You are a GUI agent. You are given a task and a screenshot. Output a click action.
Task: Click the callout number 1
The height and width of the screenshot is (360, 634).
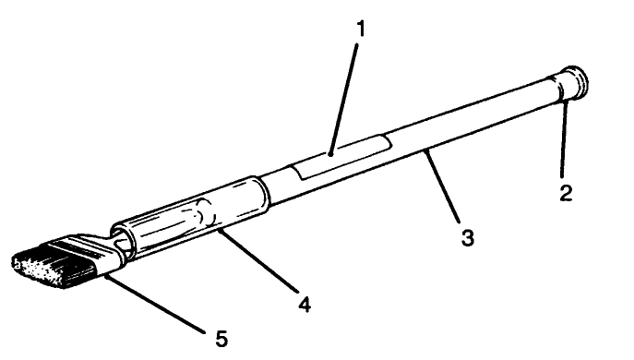[x=362, y=29]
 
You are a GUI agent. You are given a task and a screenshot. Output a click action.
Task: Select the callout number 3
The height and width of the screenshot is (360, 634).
[x=468, y=237]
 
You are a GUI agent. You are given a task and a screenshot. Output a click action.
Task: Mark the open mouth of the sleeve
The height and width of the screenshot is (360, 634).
[x=121, y=237]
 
